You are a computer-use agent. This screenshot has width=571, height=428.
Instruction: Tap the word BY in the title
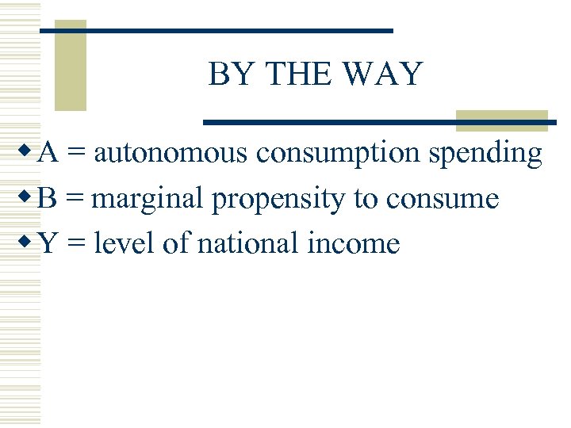click(230, 75)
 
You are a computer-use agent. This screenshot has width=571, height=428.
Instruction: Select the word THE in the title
click(297, 75)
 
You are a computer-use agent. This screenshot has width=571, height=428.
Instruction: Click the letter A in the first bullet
click(46, 152)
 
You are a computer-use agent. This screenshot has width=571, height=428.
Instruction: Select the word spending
click(485, 154)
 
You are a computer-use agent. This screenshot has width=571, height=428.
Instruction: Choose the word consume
click(442, 198)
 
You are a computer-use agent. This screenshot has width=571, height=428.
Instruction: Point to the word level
click(125, 243)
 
